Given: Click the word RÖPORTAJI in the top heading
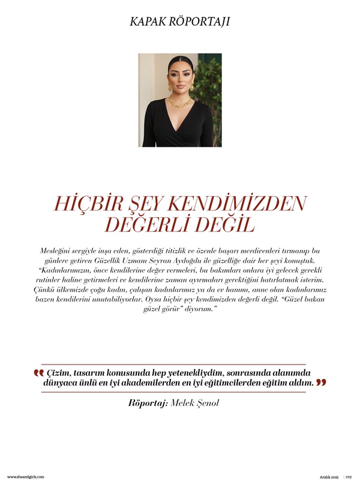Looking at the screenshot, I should (x=202, y=22).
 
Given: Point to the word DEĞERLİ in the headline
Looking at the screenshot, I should (x=152, y=225).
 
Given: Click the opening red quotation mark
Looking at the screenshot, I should (x=38, y=373).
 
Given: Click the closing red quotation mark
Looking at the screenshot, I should (x=321, y=382).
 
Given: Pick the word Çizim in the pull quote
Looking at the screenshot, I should (x=59, y=372).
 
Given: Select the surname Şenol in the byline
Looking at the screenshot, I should (x=207, y=403).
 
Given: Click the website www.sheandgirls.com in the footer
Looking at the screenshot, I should (x=26, y=477).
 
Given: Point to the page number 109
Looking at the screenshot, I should (x=348, y=477).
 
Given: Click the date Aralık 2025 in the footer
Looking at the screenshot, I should (x=329, y=477).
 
